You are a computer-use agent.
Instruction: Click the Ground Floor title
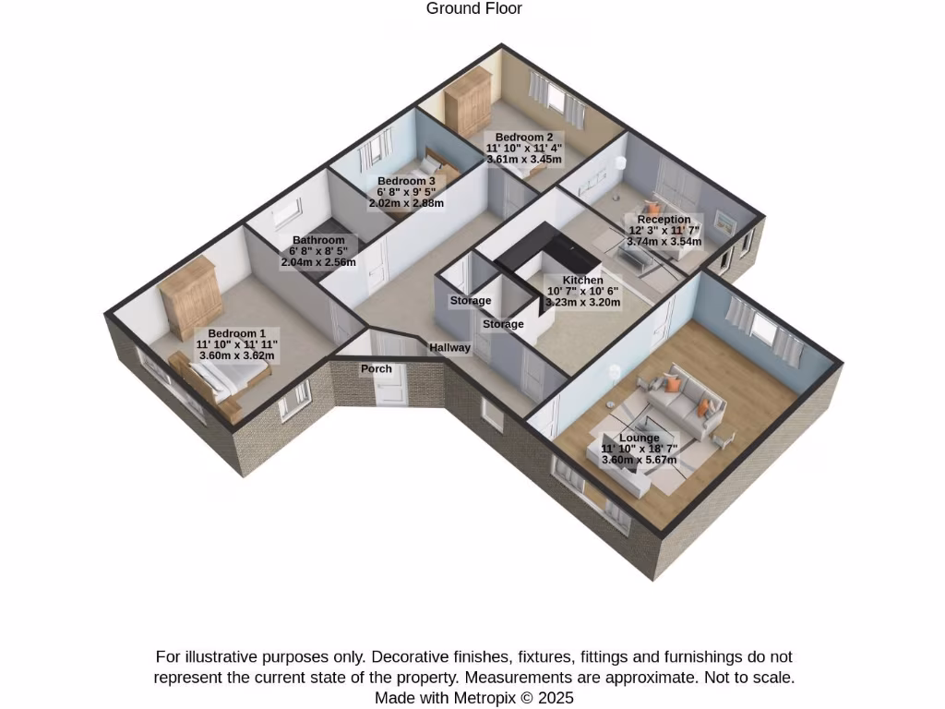click(x=474, y=9)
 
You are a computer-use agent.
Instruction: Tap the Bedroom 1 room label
click(x=236, y=333)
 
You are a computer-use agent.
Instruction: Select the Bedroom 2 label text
click(x=524, y=138)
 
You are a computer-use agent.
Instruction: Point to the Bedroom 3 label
click(x=406, y=181)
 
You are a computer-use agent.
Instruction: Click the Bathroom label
click(x=318, y=240)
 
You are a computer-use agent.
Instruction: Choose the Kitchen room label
click(x=582, y=280)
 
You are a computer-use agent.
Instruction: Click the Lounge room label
click(x=639, y=438)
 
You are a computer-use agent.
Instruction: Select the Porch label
click(x=377, y=368)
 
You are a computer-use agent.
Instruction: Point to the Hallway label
click(x=449, y=348)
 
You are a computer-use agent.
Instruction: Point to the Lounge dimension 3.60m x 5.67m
click(x=639, y=460)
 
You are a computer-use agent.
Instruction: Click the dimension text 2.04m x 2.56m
click(x=318, y=262)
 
